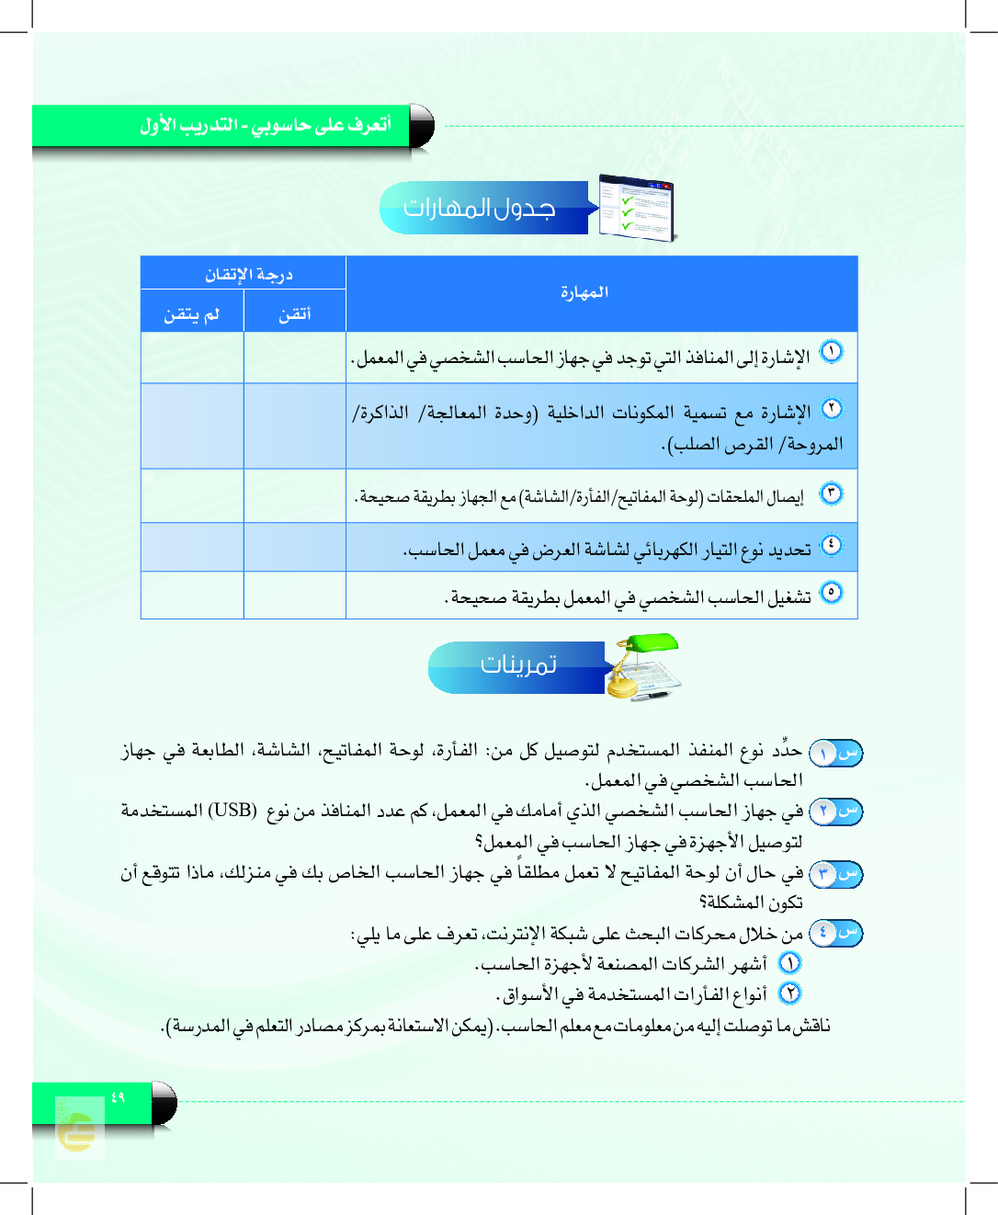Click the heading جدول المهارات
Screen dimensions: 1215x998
pyautogui.click(x=480, y=209)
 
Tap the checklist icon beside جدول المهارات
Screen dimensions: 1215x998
pyautogui.click(x=638, y=208)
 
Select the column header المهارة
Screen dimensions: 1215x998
pyautogui.click(x=584, y=292)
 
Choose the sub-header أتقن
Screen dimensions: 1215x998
pyautogui.click(x=295, y=314)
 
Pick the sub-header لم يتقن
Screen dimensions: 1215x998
pyautogui.click(x=192, y=314)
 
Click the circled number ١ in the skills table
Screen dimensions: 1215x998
pyautogui.click(x=831, y=351)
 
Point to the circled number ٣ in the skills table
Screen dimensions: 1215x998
pyautogui.click(x=831, y=493)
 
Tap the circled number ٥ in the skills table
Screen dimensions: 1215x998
pyautogui.click(x=831, y=592)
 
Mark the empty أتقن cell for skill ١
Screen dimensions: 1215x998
pyautogui.click(x=295, y=358)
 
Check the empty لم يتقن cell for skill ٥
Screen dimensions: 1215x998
pyautogui.click(x=192, y=596)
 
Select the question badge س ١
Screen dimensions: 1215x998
pyautogui.click(x=835, y=753)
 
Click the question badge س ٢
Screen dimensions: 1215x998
pyautogui.click(x=835, y=812)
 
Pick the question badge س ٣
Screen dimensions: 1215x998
pyautogui.click(x=835, y=874)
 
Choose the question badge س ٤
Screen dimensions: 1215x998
pyautogui.click(x=835, y=934)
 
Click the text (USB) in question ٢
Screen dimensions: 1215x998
pyautogui.click(x=232, y=811)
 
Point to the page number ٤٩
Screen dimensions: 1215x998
pyautogui.click(x=118, y=1097)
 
